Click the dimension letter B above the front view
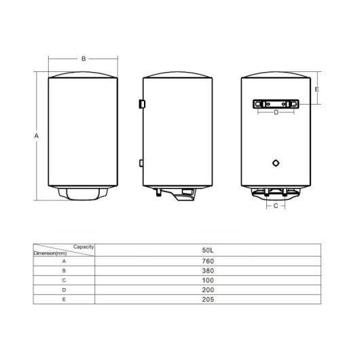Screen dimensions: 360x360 (84, 59)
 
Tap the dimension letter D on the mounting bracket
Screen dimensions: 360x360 (276, 112)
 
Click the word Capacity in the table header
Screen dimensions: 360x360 (82, 247)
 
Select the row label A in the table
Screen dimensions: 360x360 (63, 261)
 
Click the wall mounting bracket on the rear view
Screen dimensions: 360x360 (276, 104)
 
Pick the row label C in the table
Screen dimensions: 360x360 (63, 279)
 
